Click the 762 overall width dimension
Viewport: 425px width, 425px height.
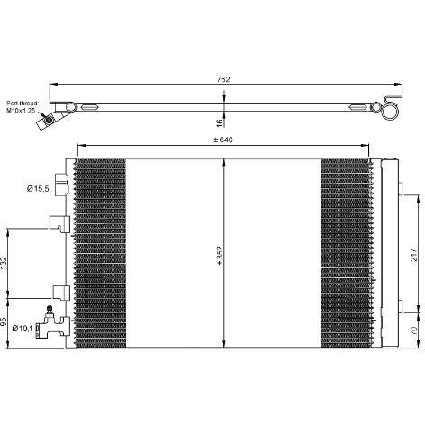(x=223, y=79)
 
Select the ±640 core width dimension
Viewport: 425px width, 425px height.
(x=223, y=140)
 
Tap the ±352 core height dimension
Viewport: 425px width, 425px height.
(x=221, y=256)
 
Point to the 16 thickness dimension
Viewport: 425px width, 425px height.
(x=220, y=122)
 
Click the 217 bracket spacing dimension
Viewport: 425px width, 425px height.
(x=414, y=255)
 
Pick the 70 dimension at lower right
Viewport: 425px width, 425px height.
(x=414, y=330)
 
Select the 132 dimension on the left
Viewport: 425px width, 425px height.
(x=4, y=263)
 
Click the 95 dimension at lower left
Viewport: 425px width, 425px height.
(x=4, y=322)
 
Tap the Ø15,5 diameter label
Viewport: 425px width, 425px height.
(x=38, y=189)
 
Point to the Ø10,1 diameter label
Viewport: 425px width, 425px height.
(x=23, y=329)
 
